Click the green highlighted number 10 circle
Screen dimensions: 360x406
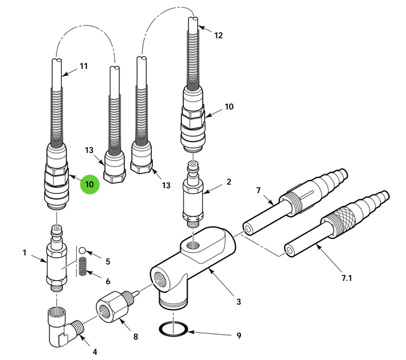click(x=89, y=184)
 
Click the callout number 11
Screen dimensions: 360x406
click(x=84, y=66)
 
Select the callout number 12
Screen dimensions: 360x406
click(x=218, y=35)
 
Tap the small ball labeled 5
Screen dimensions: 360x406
click(x=82, y=252)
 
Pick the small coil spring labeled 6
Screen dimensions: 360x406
click(x=82, y=269)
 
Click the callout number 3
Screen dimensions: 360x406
click(x=239, y=302)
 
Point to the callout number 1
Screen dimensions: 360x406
click(x=25, y=253)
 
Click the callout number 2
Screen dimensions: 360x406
click(x=228, y=182)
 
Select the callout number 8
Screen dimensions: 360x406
click(x=135, y=338)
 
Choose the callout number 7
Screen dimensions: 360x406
click(x=258, y=190)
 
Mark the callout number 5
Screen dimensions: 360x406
click(x=108, y=261)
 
